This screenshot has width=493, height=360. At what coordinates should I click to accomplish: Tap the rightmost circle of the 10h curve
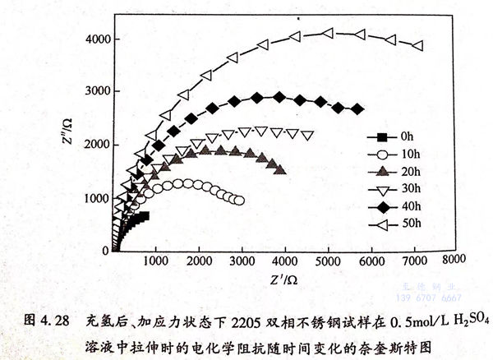pyautogui.click(x=239, y=200)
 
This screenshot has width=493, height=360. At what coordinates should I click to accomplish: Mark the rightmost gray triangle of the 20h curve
pyautogui.click(x=281, y=170)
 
